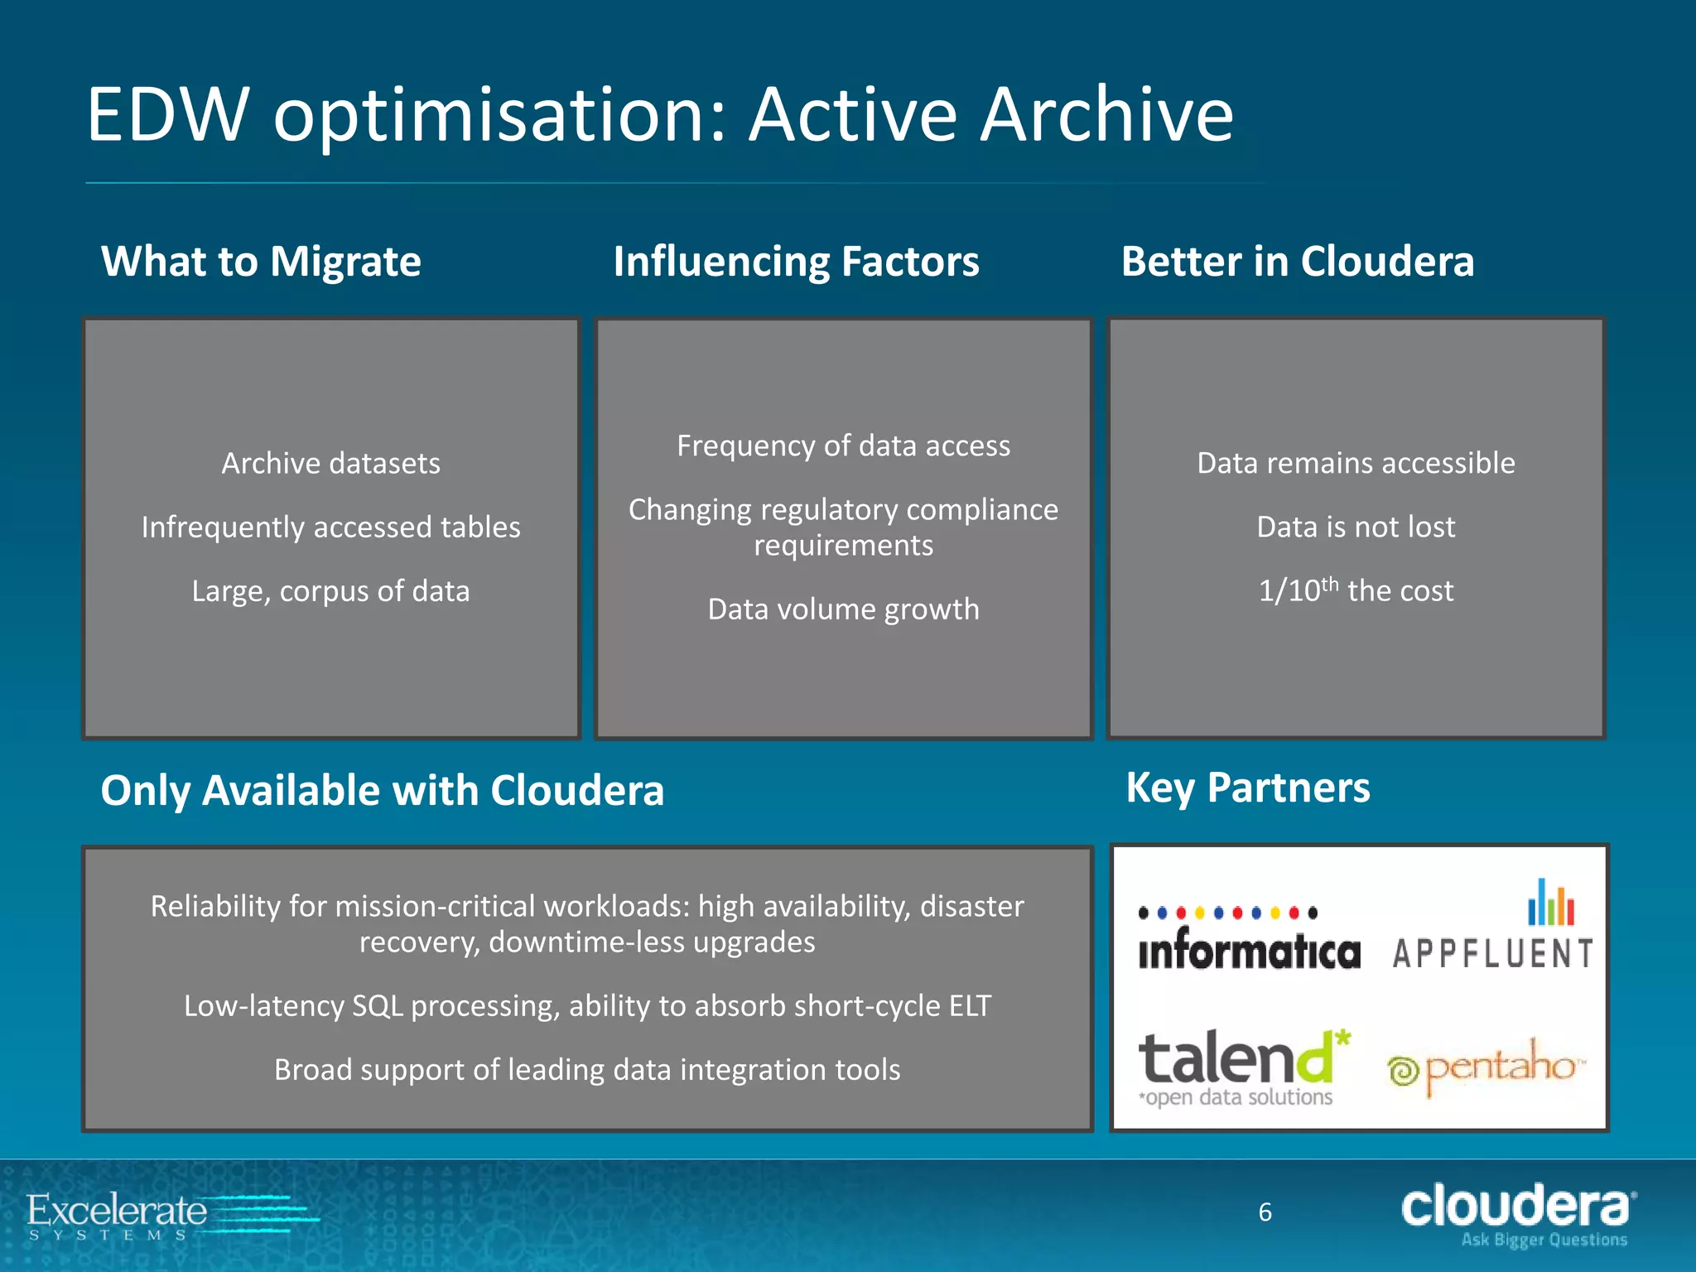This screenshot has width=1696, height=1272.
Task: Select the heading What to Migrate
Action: pyautogui.click(x=261, y=262)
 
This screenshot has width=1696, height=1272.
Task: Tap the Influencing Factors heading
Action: pyautogui.click(x=796, y=262)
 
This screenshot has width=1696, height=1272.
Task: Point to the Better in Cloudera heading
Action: pyautogui.click(x=1297, y=262)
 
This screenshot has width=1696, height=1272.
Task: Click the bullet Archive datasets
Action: pyautogui.click(x=330, y=463)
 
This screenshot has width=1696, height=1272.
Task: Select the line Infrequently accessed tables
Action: pyautogui.click(x=330, y=528)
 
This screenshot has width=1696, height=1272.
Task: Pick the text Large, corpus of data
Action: pyautogui.click(x=330, y=591)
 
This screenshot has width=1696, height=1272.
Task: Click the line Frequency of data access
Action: pyautogui.click(x=843, y=446)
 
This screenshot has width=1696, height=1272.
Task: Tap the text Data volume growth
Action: pyautogui.click(x=843, y=609)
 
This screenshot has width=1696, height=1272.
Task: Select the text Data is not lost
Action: pyautogui.click(x=1356, y=528)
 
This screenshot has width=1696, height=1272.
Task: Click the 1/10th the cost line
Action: pyautogui.click(x=1356, y=591)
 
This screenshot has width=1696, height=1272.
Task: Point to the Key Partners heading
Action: pyautogui.click(x=1247, y=788)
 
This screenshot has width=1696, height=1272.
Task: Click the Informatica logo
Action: pyautogui.click(x=1248, y=940)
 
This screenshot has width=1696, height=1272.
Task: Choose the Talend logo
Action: pyautogui.click(x=1242, y=1067)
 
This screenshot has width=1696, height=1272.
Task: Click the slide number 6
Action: pyautogui.click(x=1265, y=1212)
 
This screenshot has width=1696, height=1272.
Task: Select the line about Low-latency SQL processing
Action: pyautogui.click(x=587, y=1006)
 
